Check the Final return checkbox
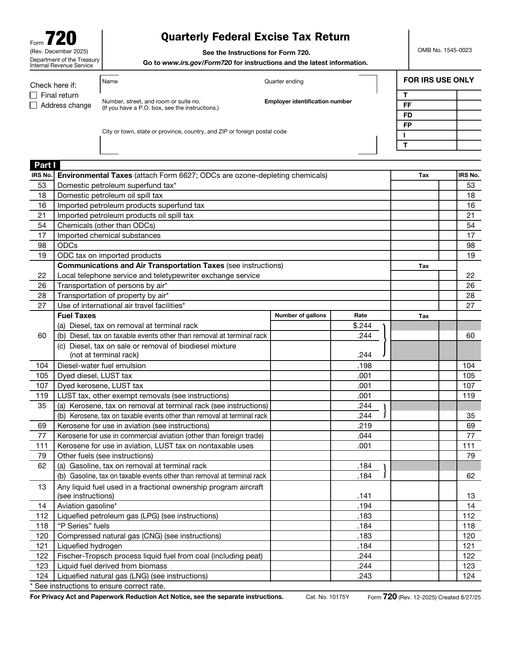click(x=34, y=95)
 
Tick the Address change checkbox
click(x=34, y=105)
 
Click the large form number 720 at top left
click(x=61, y=39)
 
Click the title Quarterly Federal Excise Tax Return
click(x=255, y=37)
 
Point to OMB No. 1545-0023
click(x=444, y=50)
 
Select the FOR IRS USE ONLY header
click(x=438, y=80)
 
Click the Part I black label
click(x=45, y=165)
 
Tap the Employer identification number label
click(x=308, y=101)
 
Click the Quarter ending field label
click(x=284, y=81)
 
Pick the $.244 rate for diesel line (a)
click(x=362, y=326)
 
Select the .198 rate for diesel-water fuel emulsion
click(x=364, y=365)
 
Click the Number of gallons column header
click(x=300, y=315)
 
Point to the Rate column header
click(x=360, y=315)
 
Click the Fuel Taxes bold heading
click(x=77, y=316)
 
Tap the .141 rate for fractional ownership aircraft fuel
click(x=364, y=496)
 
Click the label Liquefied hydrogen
click(x=90, y=546)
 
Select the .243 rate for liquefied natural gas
click(x=364, y=576)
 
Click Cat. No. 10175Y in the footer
click(x=327, y=597)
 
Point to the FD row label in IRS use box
click(x=408, y=115)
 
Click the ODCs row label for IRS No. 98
click(x=67, y=246)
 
